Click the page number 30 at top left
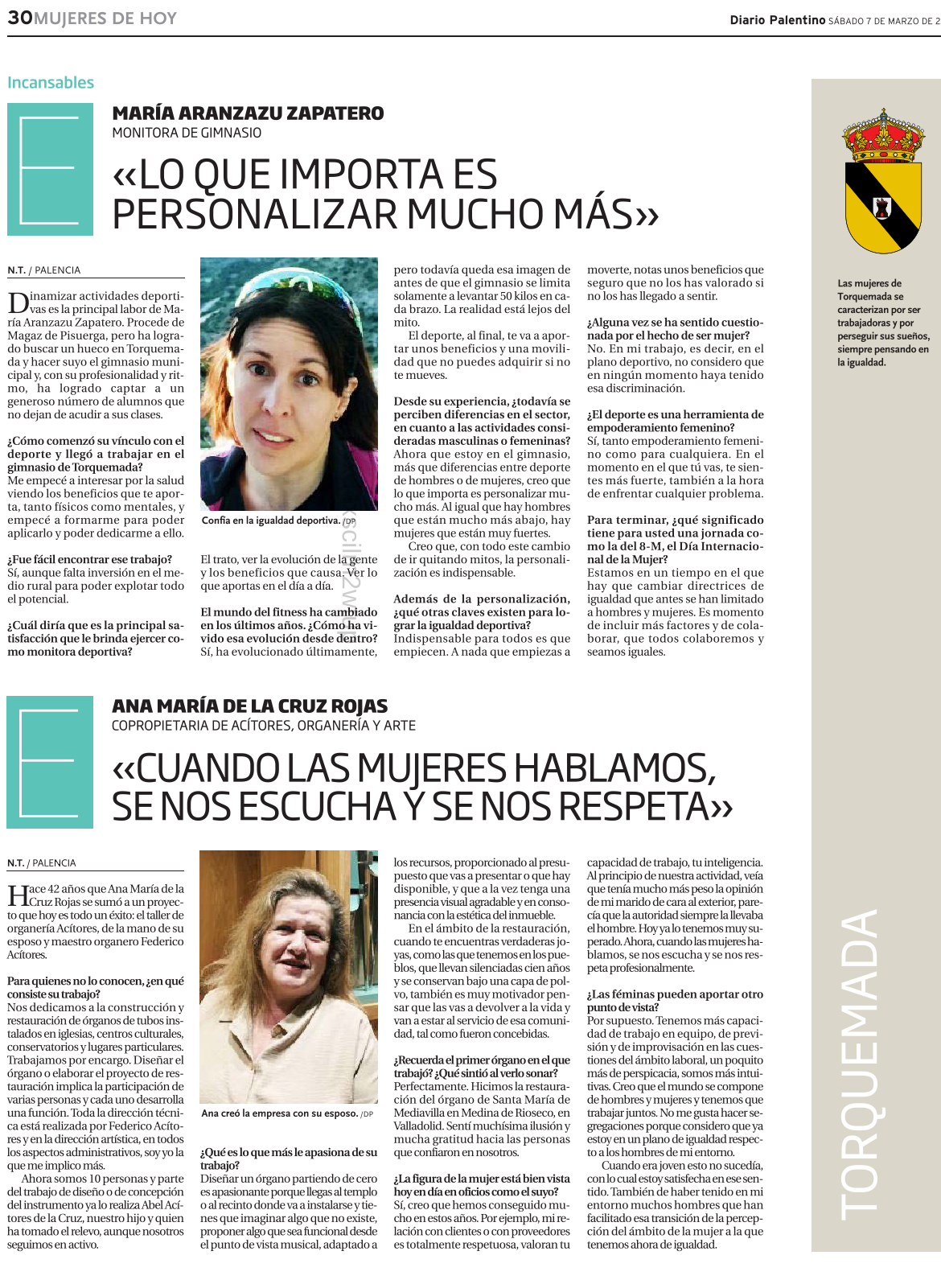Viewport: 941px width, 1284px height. point(20,18)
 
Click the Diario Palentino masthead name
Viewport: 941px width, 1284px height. point(777,20)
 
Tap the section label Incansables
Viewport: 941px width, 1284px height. point(51,83)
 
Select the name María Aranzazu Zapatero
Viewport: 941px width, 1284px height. point(248,113)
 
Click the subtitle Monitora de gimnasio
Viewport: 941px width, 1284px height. point(187,133)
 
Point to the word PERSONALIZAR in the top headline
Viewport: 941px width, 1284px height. point(255,214)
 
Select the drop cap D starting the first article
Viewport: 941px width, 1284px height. point(18,302)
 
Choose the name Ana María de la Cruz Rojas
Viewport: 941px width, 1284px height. point(249,706)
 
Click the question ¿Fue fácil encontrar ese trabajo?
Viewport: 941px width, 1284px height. point(90,559)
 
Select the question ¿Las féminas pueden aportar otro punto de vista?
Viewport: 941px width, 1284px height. point(675,1001)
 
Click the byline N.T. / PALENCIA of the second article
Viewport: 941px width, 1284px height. point(42,863)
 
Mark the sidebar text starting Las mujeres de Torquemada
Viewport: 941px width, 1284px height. point(882,323)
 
